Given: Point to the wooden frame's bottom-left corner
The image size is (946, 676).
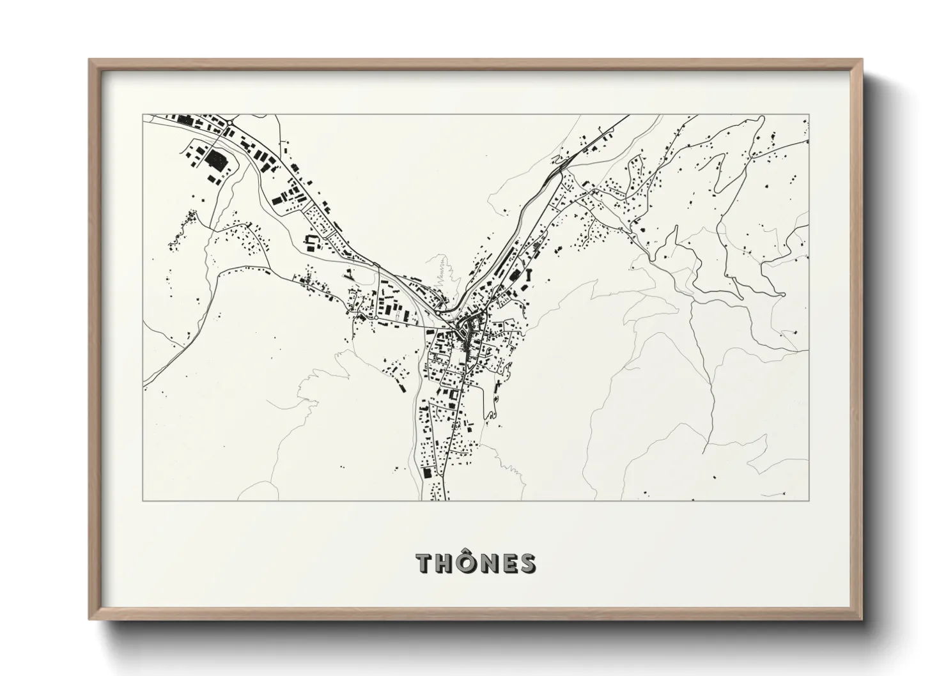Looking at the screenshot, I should (x=90, y=619).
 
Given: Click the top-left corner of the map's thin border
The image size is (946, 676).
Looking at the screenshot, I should (x=143, y=115).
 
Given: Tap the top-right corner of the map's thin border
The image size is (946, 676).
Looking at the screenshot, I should (x=809, y=115).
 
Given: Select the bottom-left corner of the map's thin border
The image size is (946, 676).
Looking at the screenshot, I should (x=143, y=501).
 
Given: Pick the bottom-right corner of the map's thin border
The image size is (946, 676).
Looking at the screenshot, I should (x=809, y=501).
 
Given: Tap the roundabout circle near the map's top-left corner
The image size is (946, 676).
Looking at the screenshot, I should (x=229, y=123).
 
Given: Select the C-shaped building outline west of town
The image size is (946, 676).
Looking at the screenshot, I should (x=311, y=242).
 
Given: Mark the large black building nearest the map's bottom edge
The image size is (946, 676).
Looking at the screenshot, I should (x=426, y=473).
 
